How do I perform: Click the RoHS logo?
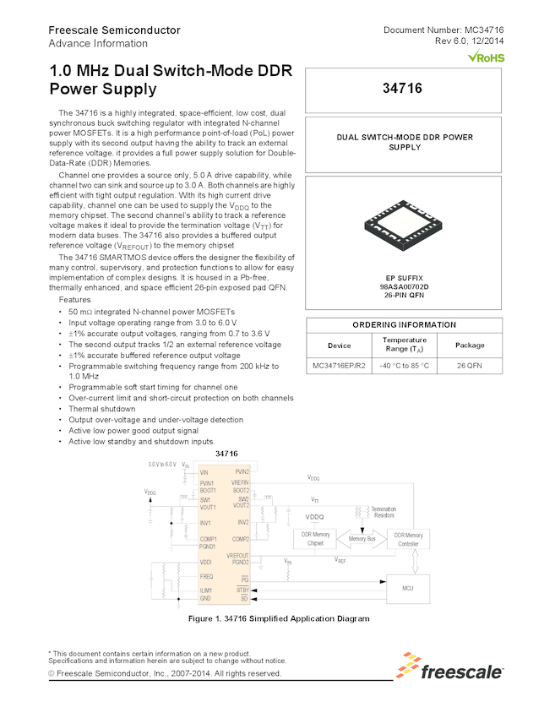486,57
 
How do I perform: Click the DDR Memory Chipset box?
314,538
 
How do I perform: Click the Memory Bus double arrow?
362,538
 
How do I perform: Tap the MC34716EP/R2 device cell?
338,365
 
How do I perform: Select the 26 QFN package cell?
470,365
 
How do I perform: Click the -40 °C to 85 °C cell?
405,365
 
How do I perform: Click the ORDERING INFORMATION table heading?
403,324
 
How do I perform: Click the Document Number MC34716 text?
443,30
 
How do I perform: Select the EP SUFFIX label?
403,277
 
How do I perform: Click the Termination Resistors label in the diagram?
384,512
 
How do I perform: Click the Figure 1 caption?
278,619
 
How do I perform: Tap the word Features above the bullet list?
77,301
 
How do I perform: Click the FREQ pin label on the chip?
206,575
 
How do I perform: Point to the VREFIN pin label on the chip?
240,481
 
